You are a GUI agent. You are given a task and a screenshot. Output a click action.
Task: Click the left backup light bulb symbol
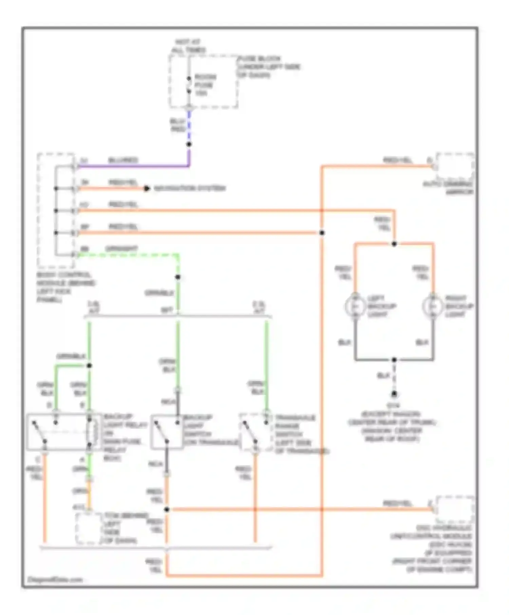point(355,306)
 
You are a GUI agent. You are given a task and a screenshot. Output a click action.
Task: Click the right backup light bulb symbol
point(433,306)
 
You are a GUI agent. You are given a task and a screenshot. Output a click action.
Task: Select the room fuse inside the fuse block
point(189,85)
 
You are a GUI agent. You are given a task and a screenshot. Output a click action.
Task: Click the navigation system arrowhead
point(147,189)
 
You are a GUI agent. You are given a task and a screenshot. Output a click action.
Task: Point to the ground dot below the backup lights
point(394,394)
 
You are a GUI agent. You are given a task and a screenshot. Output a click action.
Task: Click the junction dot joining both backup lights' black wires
point(394,360)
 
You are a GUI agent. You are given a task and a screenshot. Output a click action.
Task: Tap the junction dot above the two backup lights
point(394,244)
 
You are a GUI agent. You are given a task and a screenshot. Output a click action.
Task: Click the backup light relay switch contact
point(39,432)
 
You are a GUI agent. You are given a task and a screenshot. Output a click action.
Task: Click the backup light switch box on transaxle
point(167,432)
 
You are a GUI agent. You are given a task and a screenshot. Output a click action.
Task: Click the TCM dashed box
point(89,528)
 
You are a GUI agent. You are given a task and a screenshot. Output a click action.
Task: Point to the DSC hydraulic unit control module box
point(455,510)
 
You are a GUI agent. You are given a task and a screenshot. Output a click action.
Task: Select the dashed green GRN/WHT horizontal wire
point(129,255)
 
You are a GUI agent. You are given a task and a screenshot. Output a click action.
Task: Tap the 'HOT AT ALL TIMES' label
point(188,46)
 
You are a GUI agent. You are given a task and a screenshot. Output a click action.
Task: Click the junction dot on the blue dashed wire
point(189,144)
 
